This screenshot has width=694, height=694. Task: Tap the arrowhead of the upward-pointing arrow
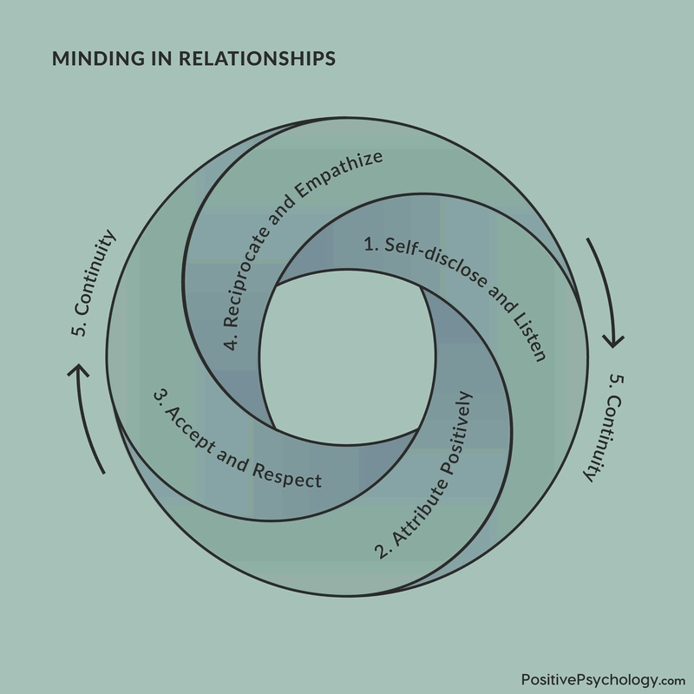tap(79, 371)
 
